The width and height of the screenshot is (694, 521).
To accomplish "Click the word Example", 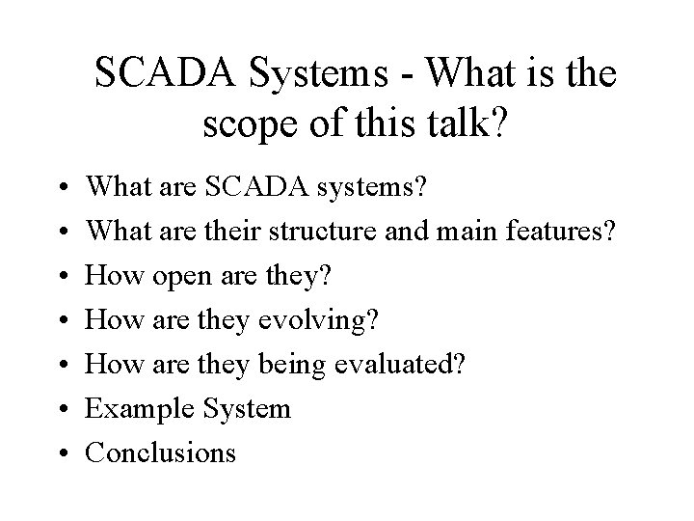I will [x=141, y=408].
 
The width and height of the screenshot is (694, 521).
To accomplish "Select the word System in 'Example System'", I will [x=246, y=408].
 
